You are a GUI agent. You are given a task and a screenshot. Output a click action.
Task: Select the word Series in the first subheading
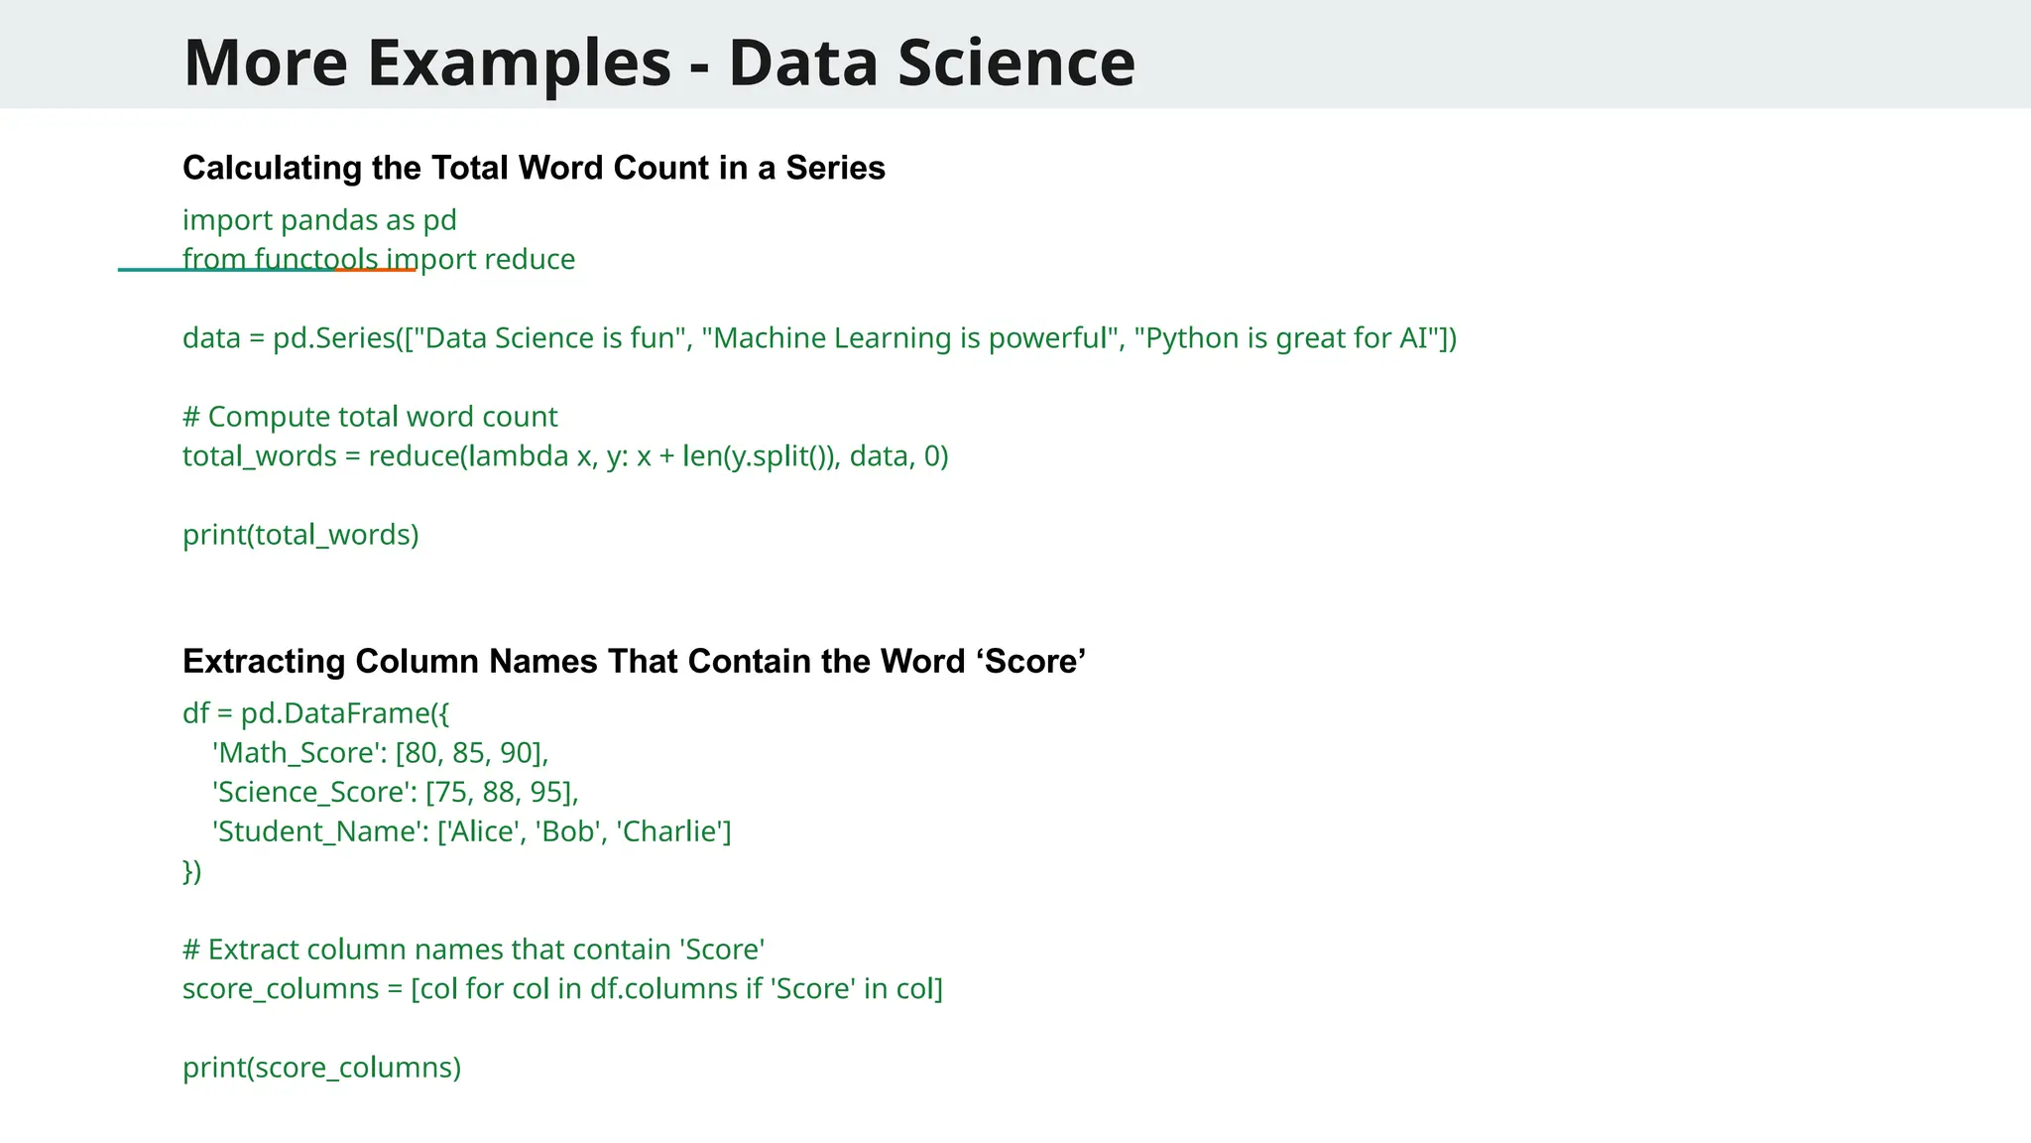(835, 168)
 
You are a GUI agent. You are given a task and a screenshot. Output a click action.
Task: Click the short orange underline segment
(376, 269)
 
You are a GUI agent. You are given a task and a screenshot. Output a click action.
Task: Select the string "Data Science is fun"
(550, 338)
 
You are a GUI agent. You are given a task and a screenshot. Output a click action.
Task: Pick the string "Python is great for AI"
(1287, 338)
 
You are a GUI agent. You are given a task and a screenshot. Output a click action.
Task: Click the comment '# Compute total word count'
(370, 417)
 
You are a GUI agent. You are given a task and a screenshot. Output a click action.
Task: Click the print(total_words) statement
(300, 535)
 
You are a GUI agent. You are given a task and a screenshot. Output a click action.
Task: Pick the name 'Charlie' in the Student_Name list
(671, 831)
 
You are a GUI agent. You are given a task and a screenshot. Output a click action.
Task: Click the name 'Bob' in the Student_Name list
(569, 831)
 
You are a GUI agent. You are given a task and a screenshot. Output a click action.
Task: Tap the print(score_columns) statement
(322, 1068)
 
